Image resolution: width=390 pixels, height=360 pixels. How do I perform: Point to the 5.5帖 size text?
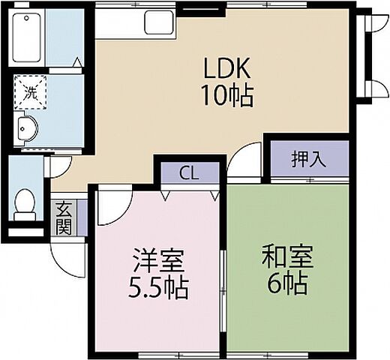click(157, 286)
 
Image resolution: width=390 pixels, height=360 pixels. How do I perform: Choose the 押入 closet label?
click(308, 158)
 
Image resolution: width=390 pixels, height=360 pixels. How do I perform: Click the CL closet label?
click(190, 173)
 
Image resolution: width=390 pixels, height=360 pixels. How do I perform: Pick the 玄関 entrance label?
click(63, 218)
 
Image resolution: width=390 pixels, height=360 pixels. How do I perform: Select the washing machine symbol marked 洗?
click(30, 93)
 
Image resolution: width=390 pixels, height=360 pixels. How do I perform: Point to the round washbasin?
click(26, 129)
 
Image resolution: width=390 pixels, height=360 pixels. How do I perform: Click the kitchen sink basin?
click(158, 25)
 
